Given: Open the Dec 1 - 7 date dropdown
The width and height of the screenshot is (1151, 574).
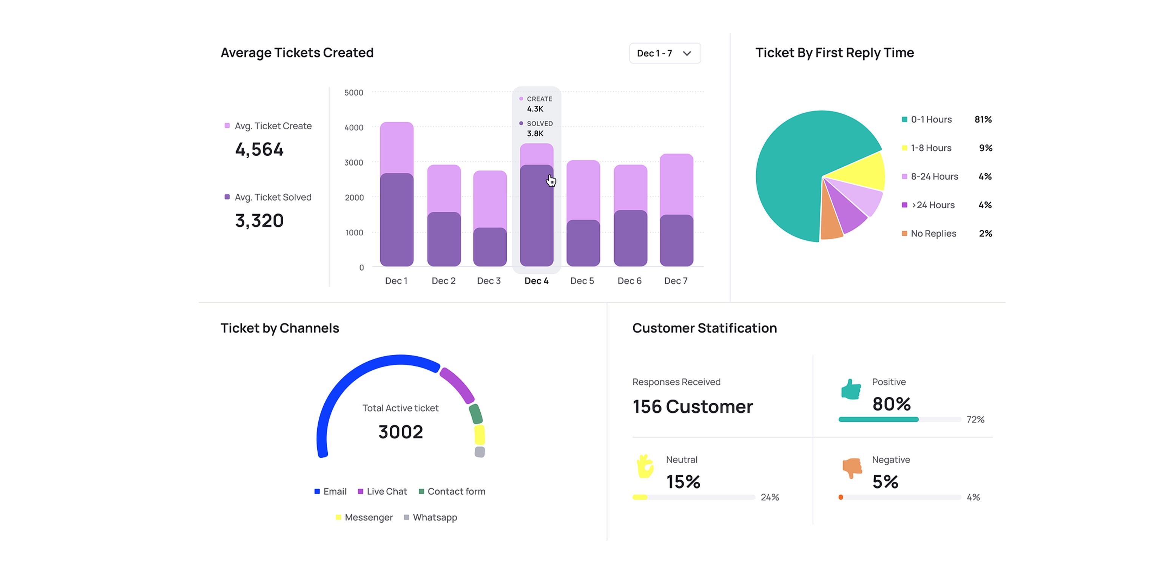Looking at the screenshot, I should coord(664,53).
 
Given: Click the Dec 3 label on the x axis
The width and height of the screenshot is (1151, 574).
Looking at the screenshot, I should coord(488,281).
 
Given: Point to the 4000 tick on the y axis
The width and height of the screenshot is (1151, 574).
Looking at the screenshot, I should coord(353,127).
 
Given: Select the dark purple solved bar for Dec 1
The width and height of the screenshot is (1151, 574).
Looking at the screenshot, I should coord(397,219).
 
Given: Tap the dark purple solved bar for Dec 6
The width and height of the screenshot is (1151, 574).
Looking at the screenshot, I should coord(630,238).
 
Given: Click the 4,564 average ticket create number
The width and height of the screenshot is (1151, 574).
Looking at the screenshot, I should coord(259,149).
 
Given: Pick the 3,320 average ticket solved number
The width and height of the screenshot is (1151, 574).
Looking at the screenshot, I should coord(259,220).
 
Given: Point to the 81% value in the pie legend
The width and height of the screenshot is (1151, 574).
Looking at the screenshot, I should coord(983,119).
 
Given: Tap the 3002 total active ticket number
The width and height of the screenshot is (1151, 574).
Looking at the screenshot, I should coord(400,432).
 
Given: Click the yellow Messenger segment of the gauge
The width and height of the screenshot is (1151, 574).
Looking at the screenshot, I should coord(480,435).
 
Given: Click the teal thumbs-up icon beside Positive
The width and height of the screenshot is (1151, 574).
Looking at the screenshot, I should coord(851,389).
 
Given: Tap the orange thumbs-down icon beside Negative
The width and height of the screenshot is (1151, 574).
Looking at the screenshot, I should coord(852,467).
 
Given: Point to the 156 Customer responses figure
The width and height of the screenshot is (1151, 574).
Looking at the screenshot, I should coord(692,406).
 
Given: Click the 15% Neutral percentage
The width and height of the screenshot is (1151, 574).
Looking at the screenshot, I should coord(683,481).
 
